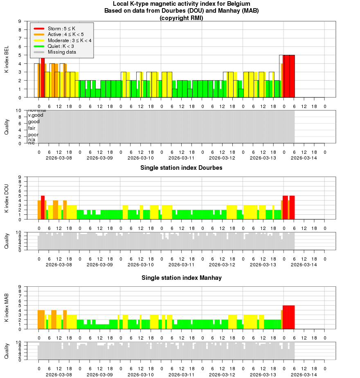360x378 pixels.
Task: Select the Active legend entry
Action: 65,34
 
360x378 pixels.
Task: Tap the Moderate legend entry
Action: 70,40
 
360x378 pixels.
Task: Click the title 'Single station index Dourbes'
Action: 181,168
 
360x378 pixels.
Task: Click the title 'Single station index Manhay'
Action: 181,278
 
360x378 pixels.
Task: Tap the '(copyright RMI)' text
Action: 181,18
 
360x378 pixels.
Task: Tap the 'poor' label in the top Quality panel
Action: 34,135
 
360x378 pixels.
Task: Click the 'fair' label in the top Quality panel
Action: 32,128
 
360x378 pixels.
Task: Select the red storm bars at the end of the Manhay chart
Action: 288,317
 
